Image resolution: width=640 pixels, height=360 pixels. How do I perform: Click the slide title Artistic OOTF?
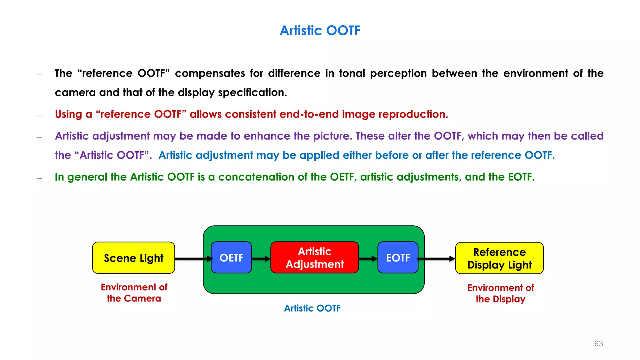click(x=320, y=31)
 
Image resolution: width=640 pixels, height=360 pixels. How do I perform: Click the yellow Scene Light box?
click(x=133, y=258)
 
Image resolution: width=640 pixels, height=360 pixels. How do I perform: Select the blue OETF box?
click(x=231, y=258)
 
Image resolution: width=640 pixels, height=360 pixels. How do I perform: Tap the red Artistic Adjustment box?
click(x=314, y=258)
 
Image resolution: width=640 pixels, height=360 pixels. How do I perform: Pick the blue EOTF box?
click(x=398, y=258)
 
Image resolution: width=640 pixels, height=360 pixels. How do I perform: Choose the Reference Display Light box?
click(x=499, y=258)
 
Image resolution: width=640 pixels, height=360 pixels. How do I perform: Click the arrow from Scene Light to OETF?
click(x=192, y=259)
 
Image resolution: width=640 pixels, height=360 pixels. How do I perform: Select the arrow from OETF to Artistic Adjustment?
click(x=261, y=259)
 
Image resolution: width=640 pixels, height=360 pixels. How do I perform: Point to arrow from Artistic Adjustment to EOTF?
click(x=368, y=259)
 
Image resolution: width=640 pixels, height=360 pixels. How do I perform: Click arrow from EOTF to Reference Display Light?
click(x=436, y=259)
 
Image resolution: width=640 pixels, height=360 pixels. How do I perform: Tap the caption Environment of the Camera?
click(x=134, y=293)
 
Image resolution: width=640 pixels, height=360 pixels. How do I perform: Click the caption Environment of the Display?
click(x=500, y=293)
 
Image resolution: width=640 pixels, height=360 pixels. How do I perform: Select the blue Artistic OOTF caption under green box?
click(x=312, y=308)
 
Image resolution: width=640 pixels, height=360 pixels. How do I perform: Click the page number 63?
click(x=598, y=344)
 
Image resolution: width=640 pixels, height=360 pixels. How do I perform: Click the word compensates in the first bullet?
click(x=210, y=73)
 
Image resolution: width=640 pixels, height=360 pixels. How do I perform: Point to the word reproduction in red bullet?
click(x=413, y=114)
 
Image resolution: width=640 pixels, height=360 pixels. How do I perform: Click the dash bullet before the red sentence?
click(x=39, y=116)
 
